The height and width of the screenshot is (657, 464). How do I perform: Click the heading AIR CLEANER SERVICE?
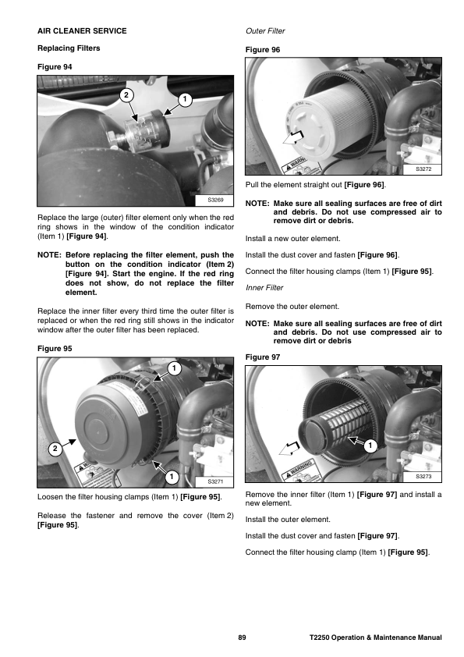click(x=82, y=31)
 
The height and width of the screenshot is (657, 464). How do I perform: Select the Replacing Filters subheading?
click(x=69, y=48)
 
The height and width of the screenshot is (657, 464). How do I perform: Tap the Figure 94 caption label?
click(x=55, y=67)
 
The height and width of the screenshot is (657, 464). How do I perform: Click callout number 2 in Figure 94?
click(x=126, y=95)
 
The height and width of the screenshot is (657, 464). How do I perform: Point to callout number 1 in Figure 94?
click(x=185, y=100)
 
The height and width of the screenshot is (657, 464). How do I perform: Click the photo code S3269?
click(x=215, y=201)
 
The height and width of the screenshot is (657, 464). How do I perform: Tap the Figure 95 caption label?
click(x=55, y=349)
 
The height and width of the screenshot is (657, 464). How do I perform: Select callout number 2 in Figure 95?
click(x=55, y=449)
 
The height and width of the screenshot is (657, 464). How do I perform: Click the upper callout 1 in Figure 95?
click(x=174, y=369)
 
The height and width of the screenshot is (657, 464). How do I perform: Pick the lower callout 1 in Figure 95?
click(x=172, y=477)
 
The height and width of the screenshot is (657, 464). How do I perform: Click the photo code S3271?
click(x=215, y=482)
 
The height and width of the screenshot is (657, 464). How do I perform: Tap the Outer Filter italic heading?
click(x=265, y=31)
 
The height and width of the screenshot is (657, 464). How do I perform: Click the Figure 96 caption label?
click(x=263, y=50)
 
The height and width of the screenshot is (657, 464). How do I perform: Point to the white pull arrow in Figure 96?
click(x=293, y=137)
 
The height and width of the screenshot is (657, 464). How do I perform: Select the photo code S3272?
click(x=423, y=169)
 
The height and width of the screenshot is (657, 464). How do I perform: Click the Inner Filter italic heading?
click(x=264, y=288)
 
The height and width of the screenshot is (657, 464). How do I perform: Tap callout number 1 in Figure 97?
click(x=370, y=446)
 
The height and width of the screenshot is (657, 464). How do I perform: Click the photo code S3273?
click(x=423, y=477)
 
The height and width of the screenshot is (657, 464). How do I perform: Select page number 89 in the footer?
click(x=242, y=637)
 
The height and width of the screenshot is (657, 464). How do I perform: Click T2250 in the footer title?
click(x=320, y=637)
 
